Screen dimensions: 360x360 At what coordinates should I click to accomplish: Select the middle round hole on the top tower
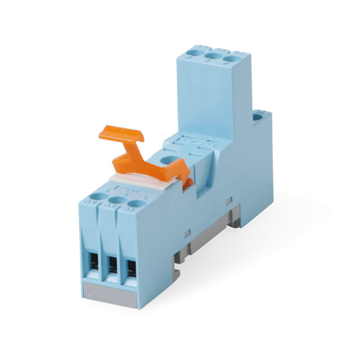point(213,57)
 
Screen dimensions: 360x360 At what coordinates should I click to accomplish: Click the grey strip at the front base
point(110,289)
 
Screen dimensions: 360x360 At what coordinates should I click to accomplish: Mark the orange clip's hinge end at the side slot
point(189,179)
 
